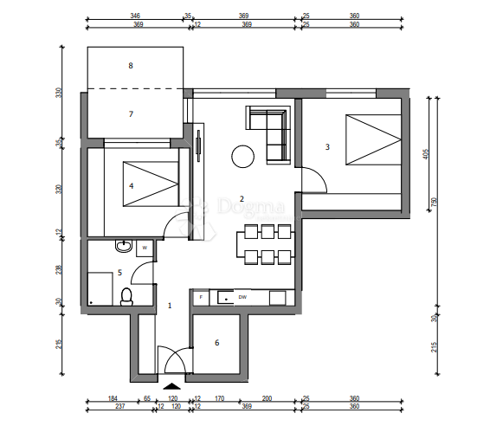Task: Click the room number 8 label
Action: click(131, 65)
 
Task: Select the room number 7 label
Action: click(131, 113)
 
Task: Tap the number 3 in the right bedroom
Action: click(327, 147)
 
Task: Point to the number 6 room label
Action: click(216, 343)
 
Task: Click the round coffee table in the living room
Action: click(242, 157)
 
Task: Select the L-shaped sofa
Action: click(270, 131)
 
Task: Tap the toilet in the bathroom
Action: click(126, 296)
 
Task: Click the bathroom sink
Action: click(124, 248)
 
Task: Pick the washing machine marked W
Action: click(145, 248)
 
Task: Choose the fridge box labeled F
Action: click(201, 297)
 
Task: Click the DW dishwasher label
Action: click(242, 297)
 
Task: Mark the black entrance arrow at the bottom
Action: click(172, 386)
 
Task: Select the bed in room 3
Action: click(372, 141)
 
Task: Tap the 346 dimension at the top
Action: click(135, 16)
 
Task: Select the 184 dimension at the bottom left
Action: click(112, 397)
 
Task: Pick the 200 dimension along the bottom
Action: click(267, 397)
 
